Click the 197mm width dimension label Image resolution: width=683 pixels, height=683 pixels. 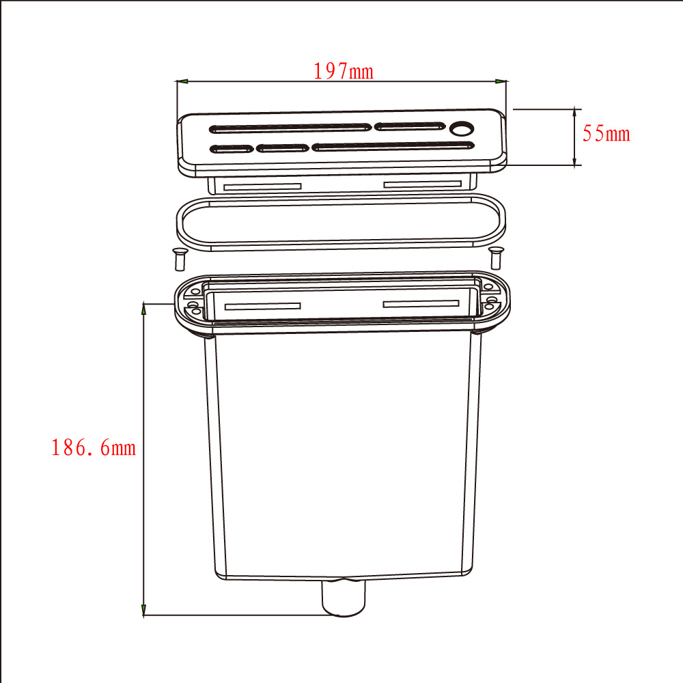(x=344, y=72)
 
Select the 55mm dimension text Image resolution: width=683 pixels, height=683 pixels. (x=607, y=133)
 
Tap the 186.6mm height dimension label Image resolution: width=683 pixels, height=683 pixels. (x=94, y=447)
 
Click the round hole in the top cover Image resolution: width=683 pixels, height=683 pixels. (x=462, y=128)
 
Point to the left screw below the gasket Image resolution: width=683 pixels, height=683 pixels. (x=179, y=259)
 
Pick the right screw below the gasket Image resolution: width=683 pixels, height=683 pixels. (x=496, y=258)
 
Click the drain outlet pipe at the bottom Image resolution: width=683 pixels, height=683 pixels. (x=344, y=598)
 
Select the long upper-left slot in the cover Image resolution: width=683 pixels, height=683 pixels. (x=290, y=128)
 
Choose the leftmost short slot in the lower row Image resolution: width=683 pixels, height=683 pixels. (x=232, y=150)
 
